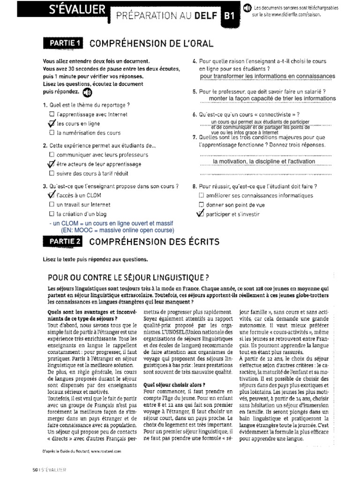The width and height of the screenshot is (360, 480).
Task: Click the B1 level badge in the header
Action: click(229, 16)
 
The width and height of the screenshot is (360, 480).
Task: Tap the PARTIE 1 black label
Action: click(63, 44)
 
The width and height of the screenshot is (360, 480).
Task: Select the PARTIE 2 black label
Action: click(63, 242)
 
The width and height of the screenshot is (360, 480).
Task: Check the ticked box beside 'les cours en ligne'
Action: click(52, 123)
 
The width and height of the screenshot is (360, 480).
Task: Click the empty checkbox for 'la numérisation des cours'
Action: click(52, 133)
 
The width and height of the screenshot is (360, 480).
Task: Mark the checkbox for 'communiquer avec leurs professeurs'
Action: click(52, 155)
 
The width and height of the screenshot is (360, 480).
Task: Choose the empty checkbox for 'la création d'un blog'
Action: click(52, 213)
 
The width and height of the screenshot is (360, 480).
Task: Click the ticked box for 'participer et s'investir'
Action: click(202, 213)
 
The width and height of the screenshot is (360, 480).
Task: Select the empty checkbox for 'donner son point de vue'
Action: click(202, 204)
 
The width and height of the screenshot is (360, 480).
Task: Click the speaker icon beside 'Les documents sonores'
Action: click(247, 8)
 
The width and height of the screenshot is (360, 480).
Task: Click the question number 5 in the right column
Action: click(194, 91)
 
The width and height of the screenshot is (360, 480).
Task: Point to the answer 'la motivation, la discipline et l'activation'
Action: click(264, 162)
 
